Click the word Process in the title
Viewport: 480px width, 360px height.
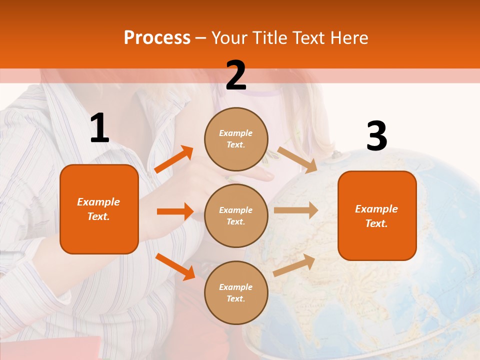pos(157,38)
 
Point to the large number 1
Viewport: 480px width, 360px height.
pos(99,128)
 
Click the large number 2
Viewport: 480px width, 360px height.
pos(236,75)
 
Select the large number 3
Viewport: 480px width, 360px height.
pos(376,136)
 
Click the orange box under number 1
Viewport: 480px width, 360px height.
pos(99,209)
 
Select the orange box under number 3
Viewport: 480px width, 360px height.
pos(377,215)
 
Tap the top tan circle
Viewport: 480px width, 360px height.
pos(236,138)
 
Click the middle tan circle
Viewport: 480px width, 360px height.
pos(236,215)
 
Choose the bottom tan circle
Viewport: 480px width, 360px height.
pos(236,292)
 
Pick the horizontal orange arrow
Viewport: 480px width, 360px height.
pos(175,211)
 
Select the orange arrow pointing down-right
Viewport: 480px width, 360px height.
pos(175,266)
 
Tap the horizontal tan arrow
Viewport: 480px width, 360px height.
pos(295,210)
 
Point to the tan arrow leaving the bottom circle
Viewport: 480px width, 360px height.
pos(294,265)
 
